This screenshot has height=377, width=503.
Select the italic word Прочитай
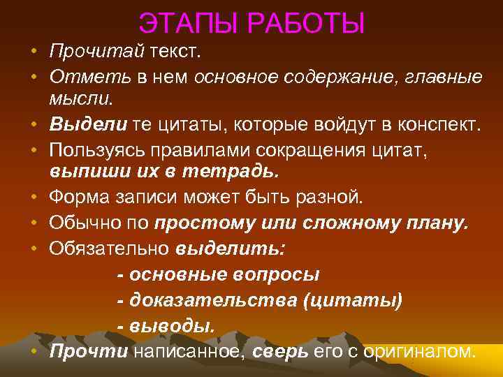[96, 52]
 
